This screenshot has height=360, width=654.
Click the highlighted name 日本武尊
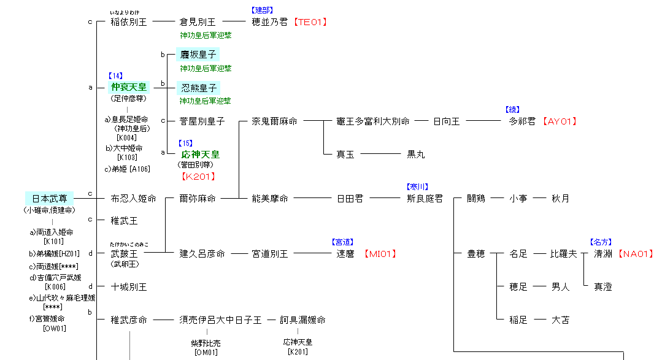[49, 199]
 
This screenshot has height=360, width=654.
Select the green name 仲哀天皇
[129, 87]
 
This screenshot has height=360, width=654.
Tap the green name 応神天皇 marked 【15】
[200, 155]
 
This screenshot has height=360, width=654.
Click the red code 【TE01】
[310, 22]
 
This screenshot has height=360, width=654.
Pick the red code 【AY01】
[559, 121]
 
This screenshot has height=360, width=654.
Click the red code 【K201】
[199, 177]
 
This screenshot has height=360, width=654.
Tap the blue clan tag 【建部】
[262, 10]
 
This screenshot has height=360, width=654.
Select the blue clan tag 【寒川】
[417, 187]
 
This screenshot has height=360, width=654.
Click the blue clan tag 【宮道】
[342, 242]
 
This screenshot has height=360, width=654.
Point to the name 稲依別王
[129, 22]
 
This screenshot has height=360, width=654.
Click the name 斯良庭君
[425, 199]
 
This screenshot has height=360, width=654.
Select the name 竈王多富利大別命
[373, 121]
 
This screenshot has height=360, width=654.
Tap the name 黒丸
[416, 155]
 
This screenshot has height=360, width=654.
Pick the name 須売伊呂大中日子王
[220, 320]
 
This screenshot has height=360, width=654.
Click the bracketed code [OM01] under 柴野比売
[207, 352]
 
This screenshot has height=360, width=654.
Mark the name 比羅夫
[564, 254]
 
